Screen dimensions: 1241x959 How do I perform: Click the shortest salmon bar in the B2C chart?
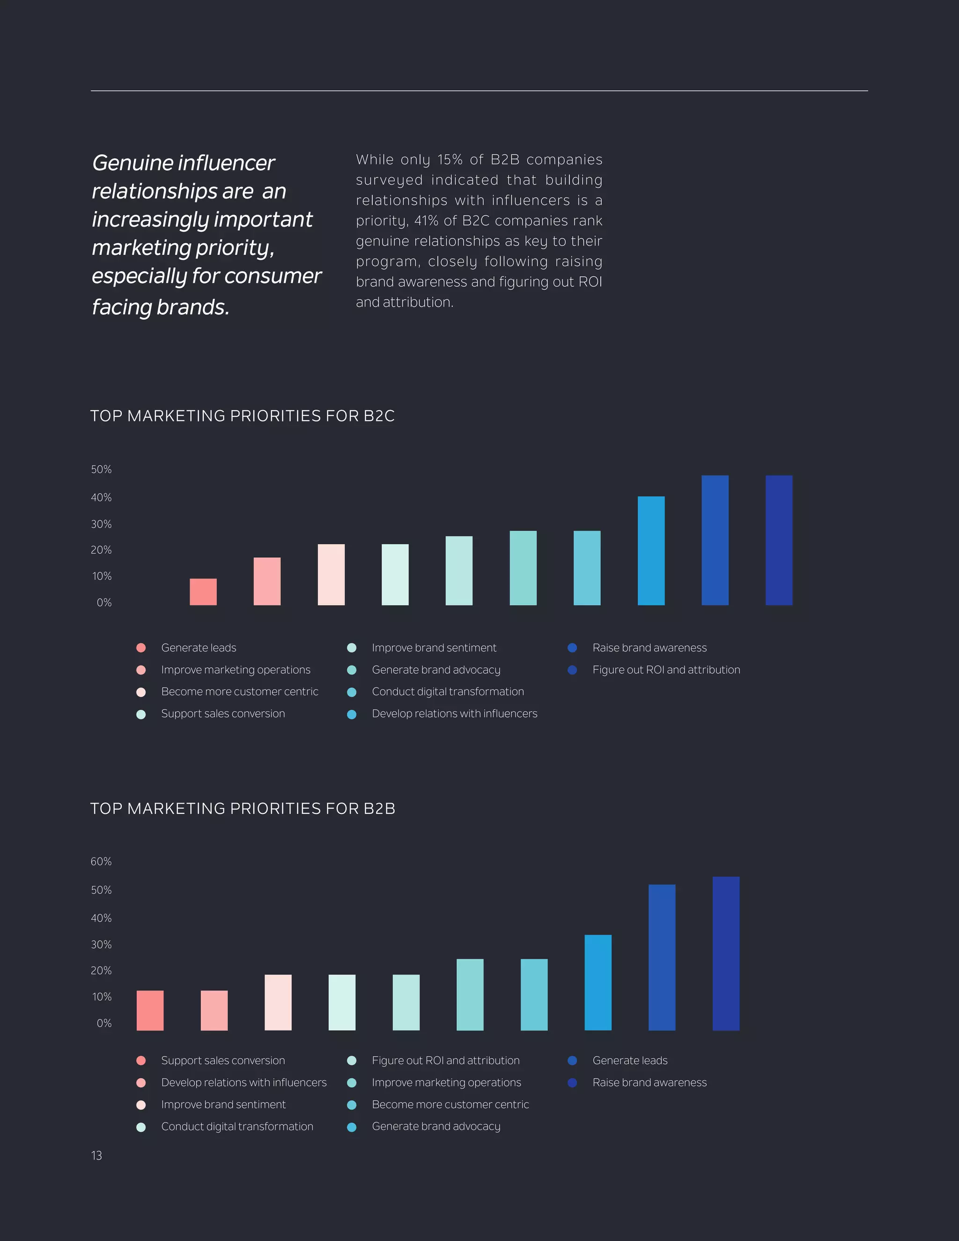203,591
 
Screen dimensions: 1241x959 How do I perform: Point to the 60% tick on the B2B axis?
101,861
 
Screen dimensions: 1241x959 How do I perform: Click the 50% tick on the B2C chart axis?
101,469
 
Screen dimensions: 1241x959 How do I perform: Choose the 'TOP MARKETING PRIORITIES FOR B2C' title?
242,416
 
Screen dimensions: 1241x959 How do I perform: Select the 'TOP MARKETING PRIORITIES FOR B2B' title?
243,809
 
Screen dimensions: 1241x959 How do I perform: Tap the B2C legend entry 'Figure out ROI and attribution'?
666,670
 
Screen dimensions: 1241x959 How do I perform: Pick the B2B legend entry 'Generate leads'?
629,1060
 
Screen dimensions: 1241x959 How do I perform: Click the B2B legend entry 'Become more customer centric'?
450,1105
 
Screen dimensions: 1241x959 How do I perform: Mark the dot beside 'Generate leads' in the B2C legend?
141,648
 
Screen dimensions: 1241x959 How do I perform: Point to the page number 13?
96,1155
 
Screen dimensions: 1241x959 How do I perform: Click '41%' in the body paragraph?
426,221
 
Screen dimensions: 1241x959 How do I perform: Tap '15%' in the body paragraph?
450,160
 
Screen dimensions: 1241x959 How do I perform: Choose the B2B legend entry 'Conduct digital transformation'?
237,1126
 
